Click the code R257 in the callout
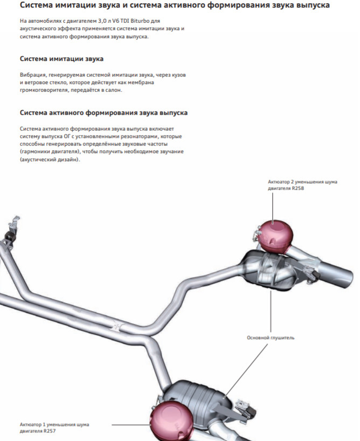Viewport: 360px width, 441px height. click(x=49, y=432)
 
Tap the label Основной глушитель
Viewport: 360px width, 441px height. click(x=271, y=338)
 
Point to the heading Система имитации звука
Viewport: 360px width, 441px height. click(x=61, y=58)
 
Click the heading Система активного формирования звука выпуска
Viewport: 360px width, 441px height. click(x=103, y=113)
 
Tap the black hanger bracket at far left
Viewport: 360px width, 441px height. click(x=9, y=236)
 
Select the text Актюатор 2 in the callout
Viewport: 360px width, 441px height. click(x=283, y=182)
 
